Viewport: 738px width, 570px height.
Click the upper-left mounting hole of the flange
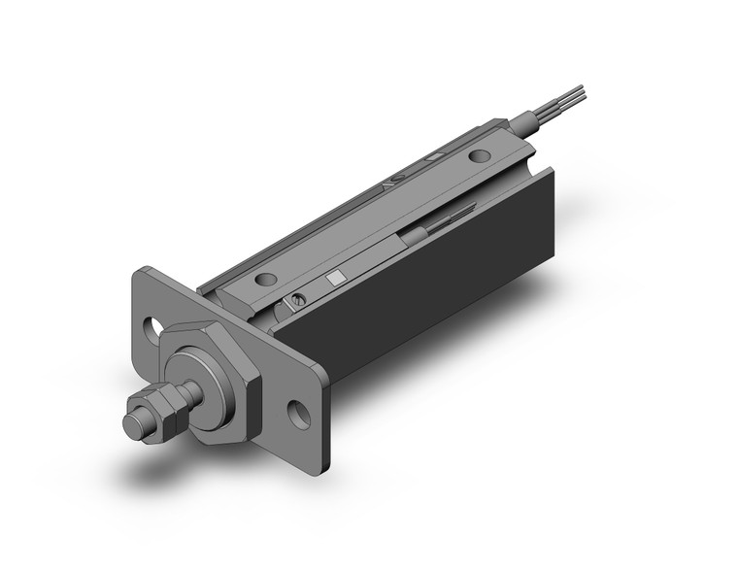click(x=154, y=328)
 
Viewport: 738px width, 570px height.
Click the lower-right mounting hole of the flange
click(x=300, y=415)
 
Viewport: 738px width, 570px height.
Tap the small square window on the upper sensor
click(x=438, y=155)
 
